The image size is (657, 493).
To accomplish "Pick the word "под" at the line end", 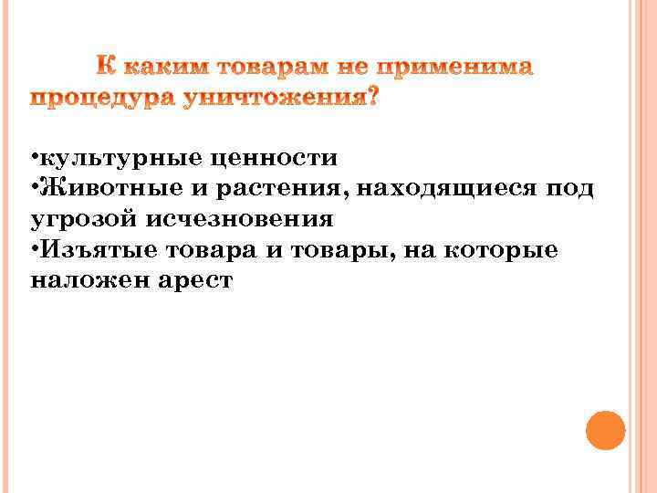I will [568, 189].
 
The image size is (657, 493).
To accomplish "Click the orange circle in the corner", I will [605, 430].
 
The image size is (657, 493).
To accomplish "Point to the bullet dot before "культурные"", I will [34, 158].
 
